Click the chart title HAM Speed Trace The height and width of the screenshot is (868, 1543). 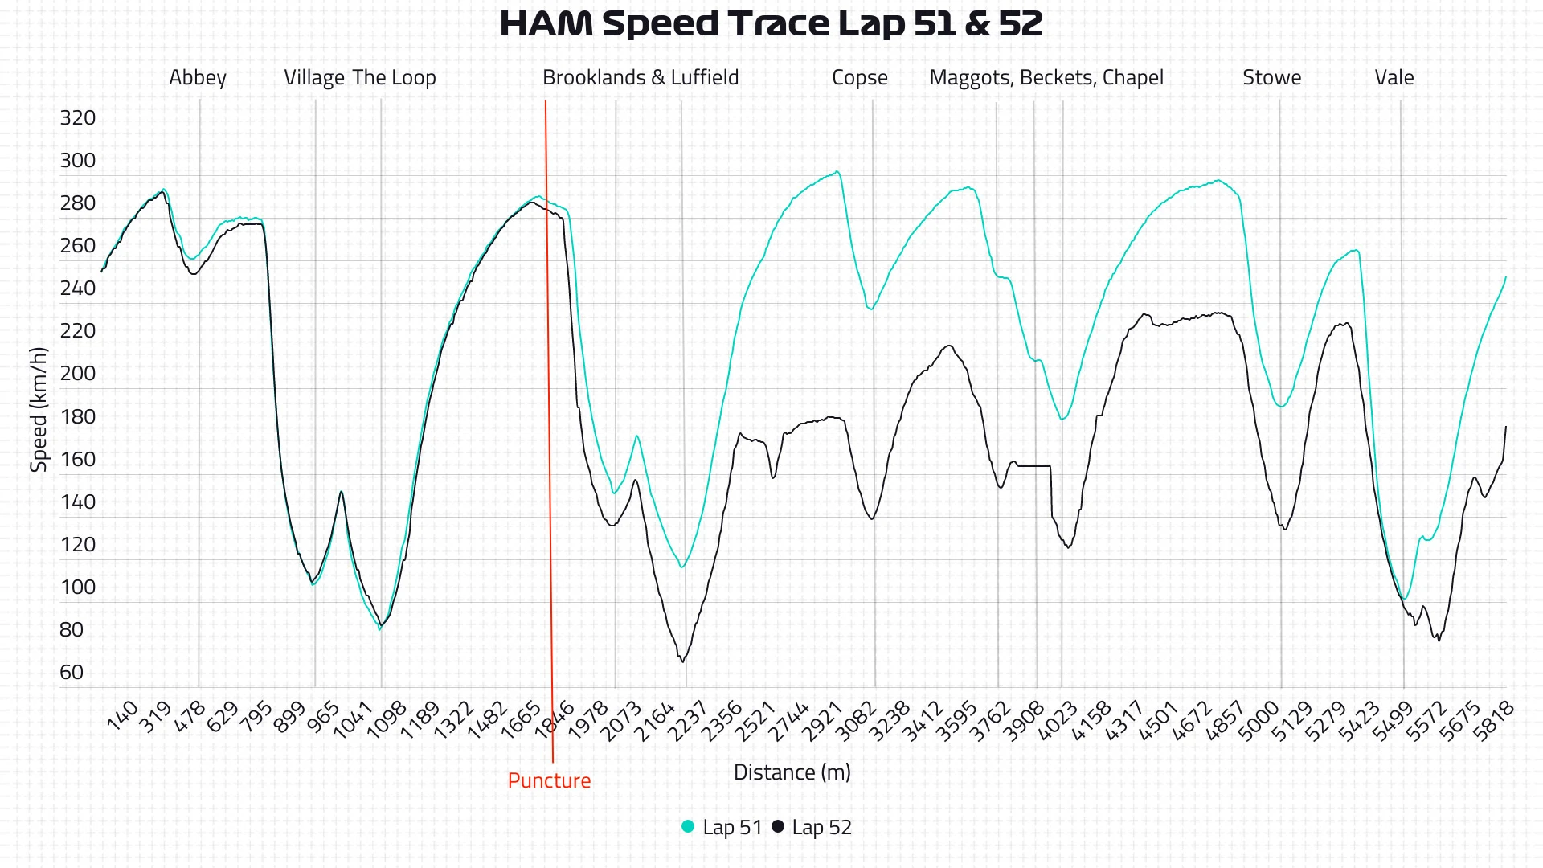[x=771, y=24]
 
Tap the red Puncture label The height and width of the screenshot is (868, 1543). [x=549, y=780]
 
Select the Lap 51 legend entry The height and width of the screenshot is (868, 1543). [x=722, y=827]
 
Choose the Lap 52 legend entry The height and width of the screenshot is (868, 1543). [x=812, y=827]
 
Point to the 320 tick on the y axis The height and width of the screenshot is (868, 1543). [x=77, y=118]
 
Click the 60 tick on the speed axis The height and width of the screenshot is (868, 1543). [x=72, y=672]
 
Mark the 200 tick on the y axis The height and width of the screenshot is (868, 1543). [x=77, y=374]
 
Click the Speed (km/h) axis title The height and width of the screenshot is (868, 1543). [x=39, y=410]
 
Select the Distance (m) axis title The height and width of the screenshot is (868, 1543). [x=792, y=772]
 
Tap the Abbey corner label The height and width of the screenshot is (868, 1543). [x=198, y=78]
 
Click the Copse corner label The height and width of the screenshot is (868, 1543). [x=859, y=78]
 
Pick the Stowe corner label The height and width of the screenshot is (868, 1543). [x=1271, y=78]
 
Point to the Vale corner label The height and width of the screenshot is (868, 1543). [x=1394, y=78]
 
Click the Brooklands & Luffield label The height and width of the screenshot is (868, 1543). [x=640, y=78]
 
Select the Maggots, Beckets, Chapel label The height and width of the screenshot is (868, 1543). [x=1046, y=78]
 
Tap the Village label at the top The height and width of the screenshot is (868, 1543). [x=313, y=78]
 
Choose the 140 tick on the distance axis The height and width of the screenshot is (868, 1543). [x=123, y=716]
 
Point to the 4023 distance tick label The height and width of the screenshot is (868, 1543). [x=1057, y=721]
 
